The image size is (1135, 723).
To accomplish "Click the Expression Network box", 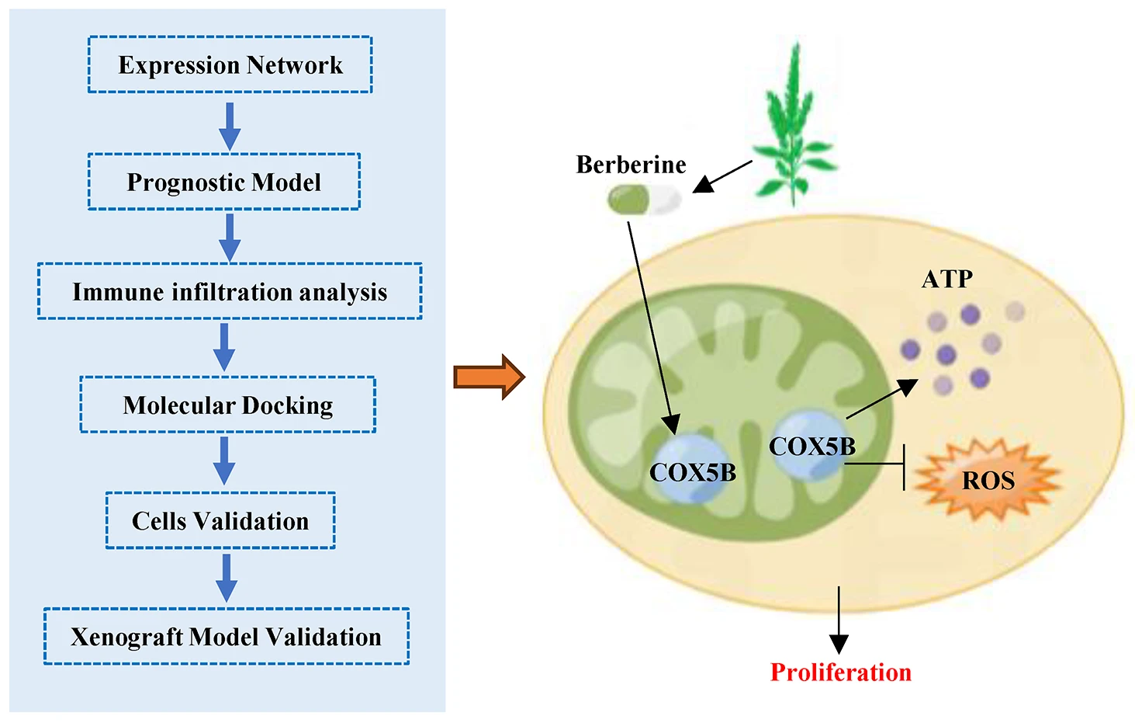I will [x=230, y=65].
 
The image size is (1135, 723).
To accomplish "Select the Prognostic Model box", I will [x=223, y=182].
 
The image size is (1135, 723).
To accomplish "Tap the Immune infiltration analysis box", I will [x=230, y=291].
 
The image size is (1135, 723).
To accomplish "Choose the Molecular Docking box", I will [x=227, y=405].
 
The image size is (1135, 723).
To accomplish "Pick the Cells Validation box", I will [x=220, y=520].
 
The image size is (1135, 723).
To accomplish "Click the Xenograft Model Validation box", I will [x=226, y=637].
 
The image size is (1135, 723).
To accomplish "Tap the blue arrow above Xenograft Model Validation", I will [x=226, y=578].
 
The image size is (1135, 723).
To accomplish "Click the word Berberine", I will [x=631, y=165].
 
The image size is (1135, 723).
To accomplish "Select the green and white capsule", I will [x=644, y=200].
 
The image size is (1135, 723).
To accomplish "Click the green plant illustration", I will [x=793, y=128].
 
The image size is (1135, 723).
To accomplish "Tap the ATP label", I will [x=946, y=279].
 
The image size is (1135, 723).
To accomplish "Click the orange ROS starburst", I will [x=987, y=480].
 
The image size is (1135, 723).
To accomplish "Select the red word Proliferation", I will [x=840, y=672].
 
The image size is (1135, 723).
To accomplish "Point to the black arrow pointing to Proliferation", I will [x=839, y=621].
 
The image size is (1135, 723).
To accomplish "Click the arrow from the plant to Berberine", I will [x=722, y=176].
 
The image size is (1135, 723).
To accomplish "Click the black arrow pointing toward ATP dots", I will [x=883, y=398].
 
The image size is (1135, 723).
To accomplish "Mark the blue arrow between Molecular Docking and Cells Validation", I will [x=224, y=461].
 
